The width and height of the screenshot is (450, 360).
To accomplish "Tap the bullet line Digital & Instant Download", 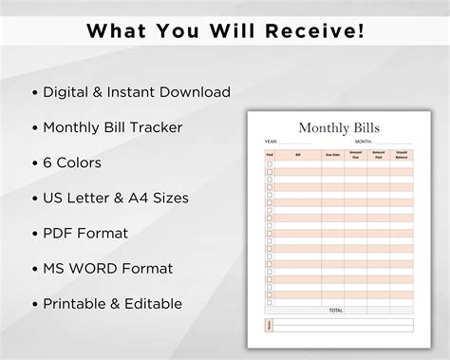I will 137,92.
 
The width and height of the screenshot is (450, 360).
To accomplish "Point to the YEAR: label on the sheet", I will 271,142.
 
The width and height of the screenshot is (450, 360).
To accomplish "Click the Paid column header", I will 270,154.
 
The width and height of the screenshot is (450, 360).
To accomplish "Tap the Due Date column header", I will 332,154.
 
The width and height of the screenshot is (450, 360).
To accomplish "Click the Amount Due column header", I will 356,154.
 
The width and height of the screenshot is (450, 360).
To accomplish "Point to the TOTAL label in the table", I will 335,310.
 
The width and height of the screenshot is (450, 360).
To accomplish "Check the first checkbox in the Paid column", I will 270,164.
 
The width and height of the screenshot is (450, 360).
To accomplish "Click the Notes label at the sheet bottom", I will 270,325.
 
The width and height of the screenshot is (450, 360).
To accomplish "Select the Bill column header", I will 297,154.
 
